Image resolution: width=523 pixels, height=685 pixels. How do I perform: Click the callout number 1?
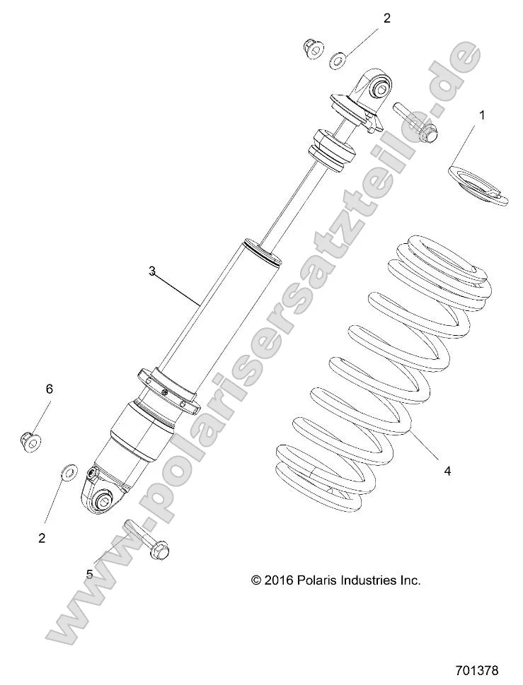pyautogui.click(x=483, y=115)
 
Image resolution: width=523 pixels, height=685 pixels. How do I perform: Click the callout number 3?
pyautogui.click(x=151, y=271)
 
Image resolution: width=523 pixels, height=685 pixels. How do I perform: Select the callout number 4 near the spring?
pyautogui.click(x=447, y=470)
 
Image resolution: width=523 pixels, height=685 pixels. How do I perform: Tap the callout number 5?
pyautogui.click(x=89, y=574)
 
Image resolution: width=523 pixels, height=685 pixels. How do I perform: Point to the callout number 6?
pyautogui.click(x=50, y=389)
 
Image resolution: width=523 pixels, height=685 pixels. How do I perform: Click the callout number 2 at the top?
pyautogui.click(x=386, y=18)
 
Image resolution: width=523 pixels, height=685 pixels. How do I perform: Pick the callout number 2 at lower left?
pyautogui.click(x=42, y=537)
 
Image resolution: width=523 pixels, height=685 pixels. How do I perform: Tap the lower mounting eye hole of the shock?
pyautogui.click(x=103, y=502)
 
